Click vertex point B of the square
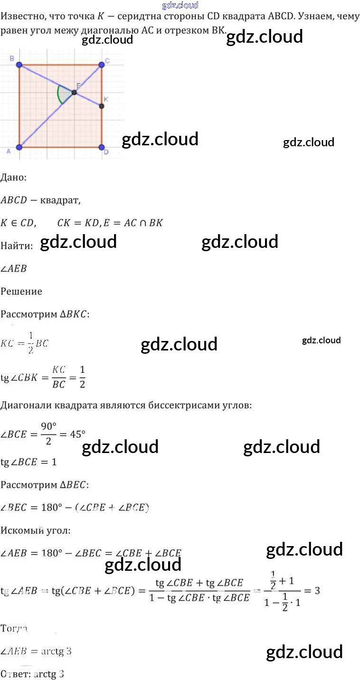click(x=19, y=65)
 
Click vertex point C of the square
click(x=101, y=65)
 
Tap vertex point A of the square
click(x=19, y=147)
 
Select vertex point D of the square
click(x=101, y=147)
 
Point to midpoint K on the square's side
click(x=101, y=106)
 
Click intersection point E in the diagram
click(x=74, y=92)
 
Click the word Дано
click(x=13, y=178)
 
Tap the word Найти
click(x=16, y=246)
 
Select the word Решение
click(x=21, y=291)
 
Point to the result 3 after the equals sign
click(x=317, y=591)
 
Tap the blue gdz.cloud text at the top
click(x=180, y=5)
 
